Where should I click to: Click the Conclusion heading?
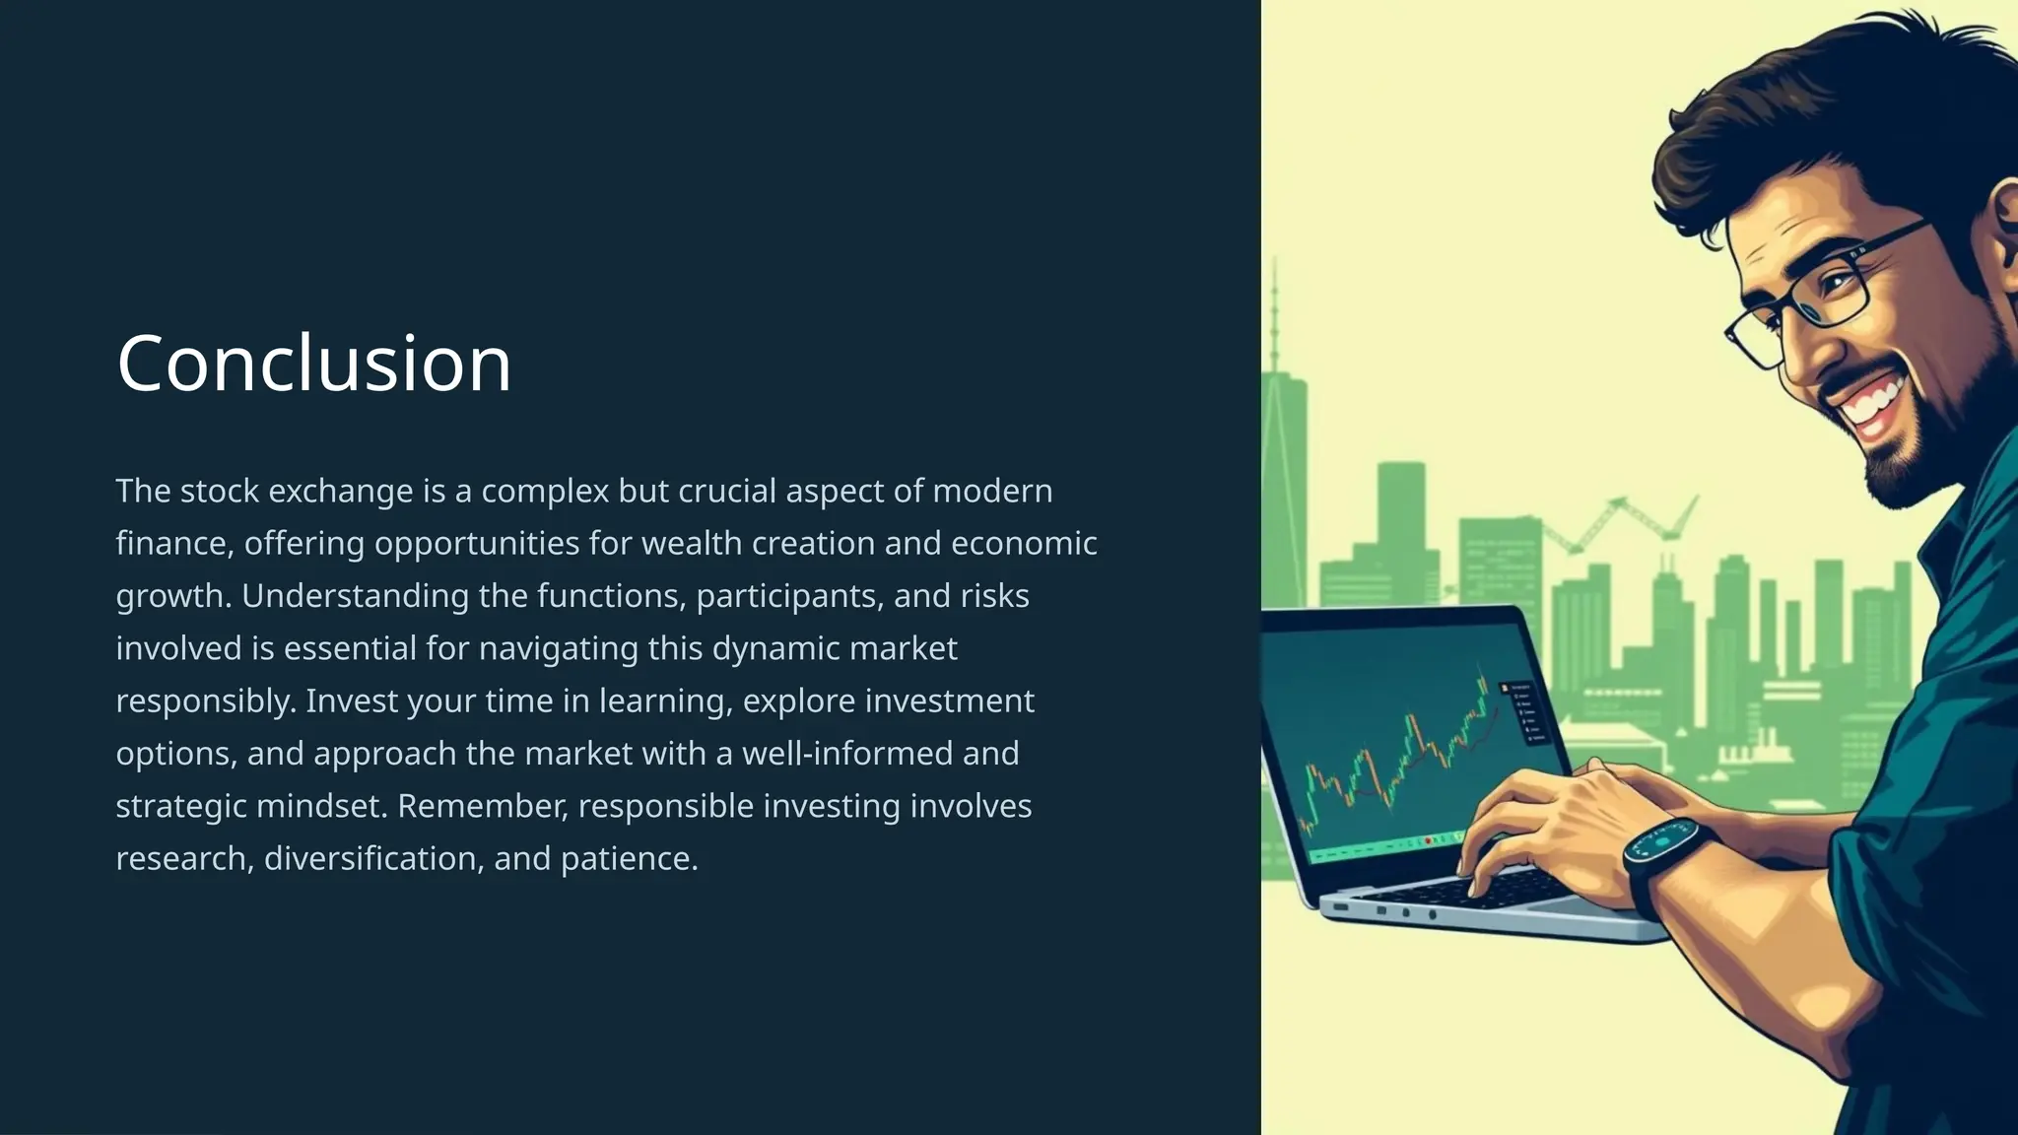point(313,364)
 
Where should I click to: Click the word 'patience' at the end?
point(628,858)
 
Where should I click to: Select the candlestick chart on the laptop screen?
point(1399,759)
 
